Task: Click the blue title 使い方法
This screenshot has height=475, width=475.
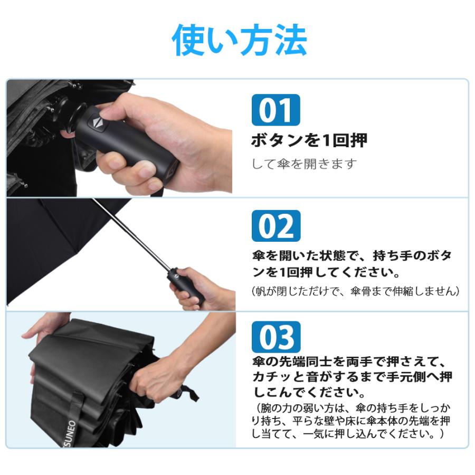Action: (239, 40)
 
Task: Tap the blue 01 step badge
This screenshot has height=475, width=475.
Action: (275, 110)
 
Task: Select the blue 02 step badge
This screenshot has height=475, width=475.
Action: (276, 226)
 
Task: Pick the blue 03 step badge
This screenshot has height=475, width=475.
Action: (276, 337)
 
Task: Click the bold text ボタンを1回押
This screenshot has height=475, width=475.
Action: (309, 140)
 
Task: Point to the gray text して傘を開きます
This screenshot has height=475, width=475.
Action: (304, 164)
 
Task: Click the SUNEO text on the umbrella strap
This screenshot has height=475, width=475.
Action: (71, 433)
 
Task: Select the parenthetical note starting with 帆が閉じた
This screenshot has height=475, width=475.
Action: (355, 291)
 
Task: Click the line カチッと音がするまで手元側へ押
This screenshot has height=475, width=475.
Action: (353, 376)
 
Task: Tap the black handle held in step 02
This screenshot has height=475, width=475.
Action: (185, 286)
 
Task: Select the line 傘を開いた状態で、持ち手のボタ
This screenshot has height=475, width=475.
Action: (351, 255)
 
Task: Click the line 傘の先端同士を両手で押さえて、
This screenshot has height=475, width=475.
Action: (349, 362)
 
